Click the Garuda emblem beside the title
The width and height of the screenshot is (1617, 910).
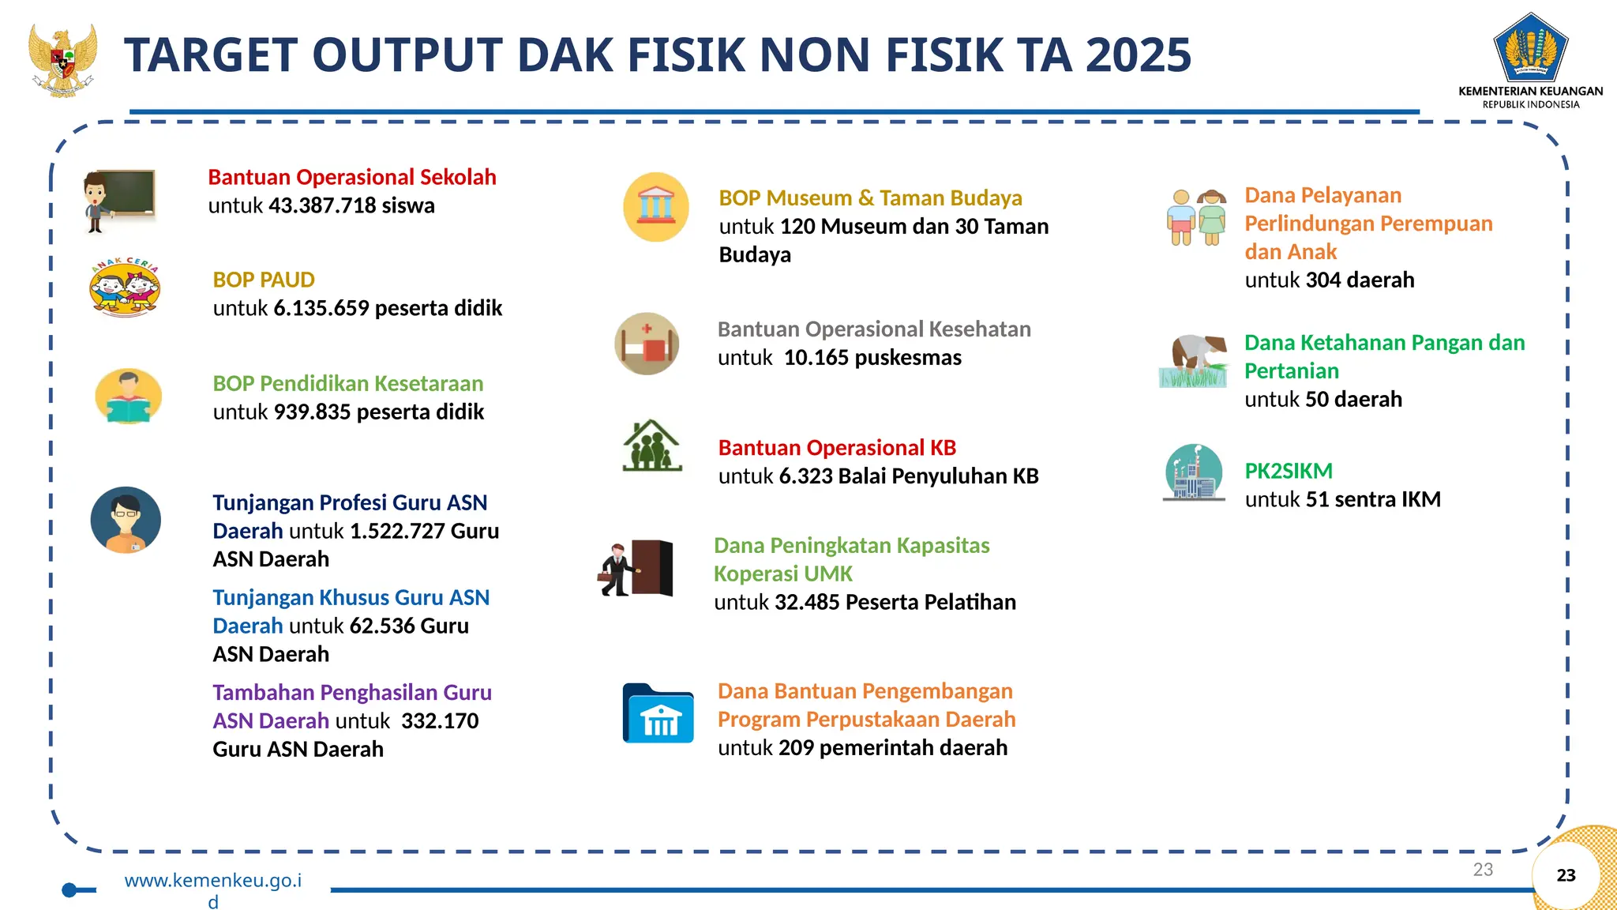62,60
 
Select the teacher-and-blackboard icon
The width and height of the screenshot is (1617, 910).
119,201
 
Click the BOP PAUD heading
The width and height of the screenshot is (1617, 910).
264,280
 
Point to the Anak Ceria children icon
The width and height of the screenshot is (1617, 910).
125,288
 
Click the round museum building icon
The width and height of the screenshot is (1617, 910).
655,207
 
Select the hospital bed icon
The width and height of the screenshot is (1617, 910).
647,344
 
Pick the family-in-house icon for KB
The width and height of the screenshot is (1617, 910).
651,446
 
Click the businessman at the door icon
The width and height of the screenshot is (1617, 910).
636,568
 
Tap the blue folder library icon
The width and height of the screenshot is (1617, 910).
658,713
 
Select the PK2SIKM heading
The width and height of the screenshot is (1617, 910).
1288,471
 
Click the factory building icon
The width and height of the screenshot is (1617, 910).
1193,473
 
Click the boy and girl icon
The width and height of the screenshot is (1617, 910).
1196,217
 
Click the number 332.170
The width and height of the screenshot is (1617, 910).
440,720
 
